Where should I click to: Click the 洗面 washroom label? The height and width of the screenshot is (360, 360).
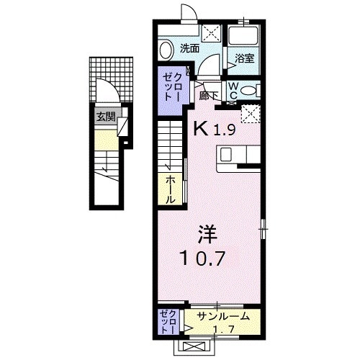click(189, 49)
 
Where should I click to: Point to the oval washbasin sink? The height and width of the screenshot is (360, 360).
click(166, 50)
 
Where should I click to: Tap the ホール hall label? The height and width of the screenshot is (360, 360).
click(170, 188)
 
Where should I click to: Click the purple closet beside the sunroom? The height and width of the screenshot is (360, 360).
click(168, 322)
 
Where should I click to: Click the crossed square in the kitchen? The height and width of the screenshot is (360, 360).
click(251, 113)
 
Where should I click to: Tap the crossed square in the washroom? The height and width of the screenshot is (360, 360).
click(212, 31)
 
